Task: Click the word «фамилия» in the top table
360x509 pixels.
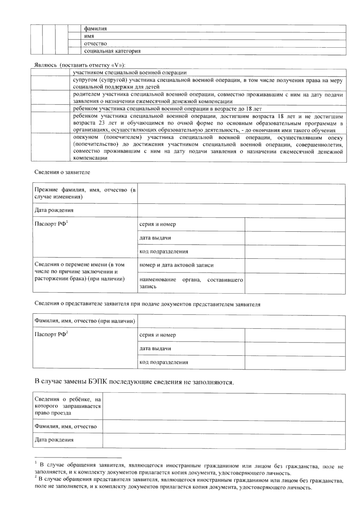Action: pos(95,29)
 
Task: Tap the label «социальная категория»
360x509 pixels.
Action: pos(112,51)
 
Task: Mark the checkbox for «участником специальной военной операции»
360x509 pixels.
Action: pos(50,72)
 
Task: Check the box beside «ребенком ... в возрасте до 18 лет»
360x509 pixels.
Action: pos(50,108)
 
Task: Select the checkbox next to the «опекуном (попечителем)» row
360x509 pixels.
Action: pos(50,147)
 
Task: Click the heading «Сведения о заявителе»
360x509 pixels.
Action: pos(62,172)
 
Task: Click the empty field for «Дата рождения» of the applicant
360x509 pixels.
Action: pos(241,211)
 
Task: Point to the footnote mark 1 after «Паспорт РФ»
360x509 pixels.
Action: pos(67,222)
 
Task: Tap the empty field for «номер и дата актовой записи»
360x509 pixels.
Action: pos(295,266)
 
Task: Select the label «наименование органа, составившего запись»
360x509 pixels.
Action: pos(191,283)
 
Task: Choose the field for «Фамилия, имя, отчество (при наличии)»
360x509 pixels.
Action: pos(241,321)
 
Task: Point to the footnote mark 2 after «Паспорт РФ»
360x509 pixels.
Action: pos(67,332)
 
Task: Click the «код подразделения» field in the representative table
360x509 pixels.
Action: pos(295,362)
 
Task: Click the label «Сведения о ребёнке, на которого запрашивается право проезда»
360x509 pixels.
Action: pos(67,406)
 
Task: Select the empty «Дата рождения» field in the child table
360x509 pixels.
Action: pos(223,440)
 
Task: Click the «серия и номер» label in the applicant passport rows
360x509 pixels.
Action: pos(157,225)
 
